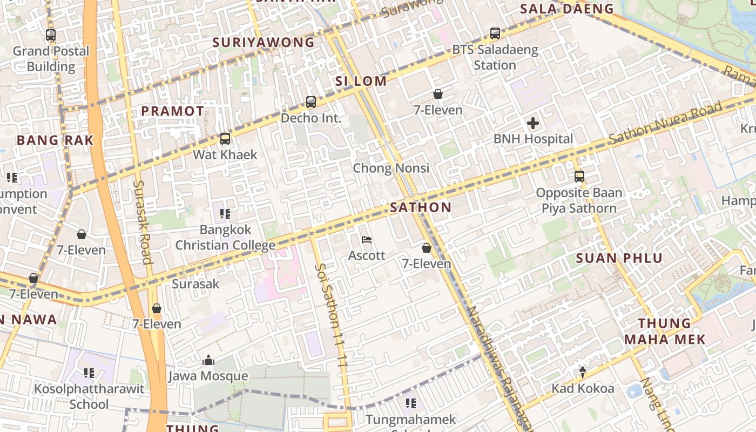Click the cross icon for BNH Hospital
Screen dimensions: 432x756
(x=533, y=123)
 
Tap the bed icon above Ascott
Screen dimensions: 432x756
(x=367, y=239)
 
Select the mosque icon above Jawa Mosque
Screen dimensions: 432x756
(x=208, y=360)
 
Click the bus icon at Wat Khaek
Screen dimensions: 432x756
(x=225, y=139)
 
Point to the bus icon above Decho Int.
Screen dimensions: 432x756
(x=311, y=102)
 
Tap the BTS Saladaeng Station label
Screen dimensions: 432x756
(x=495, y=57)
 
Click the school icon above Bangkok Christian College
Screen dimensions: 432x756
(x=225, y=214)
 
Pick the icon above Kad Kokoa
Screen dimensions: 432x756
(x=583, y=372)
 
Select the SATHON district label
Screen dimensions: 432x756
(x=421, y=207)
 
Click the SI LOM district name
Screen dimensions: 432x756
(x=361, y=82)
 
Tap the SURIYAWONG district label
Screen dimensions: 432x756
(x=264, y=42)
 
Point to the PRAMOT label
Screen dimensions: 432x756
(x=173, y=111)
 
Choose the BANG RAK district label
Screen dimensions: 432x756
(x=55, y=140)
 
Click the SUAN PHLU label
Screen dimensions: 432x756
(x=619, y=258)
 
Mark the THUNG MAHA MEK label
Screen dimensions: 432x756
(x=665, y=331)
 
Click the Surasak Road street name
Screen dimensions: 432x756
(x=142, y=221)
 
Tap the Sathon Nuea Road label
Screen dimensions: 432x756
(x=665, y=123)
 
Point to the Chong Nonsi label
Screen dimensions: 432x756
(x=391, y=168)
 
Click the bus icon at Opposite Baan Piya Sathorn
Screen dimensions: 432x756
(x=579, y=177)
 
